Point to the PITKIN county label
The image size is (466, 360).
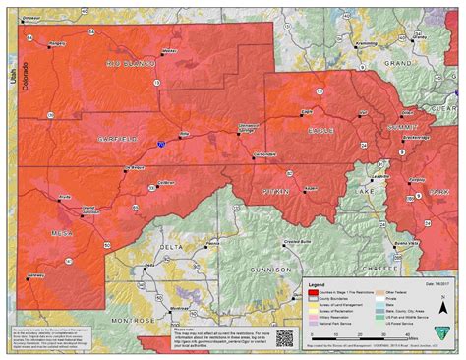coord(274,190)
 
